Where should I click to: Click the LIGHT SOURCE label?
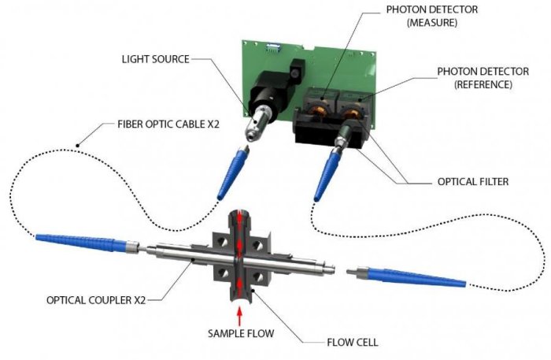tap(155, 60)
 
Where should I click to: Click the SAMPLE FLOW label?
tap(242, 334)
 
